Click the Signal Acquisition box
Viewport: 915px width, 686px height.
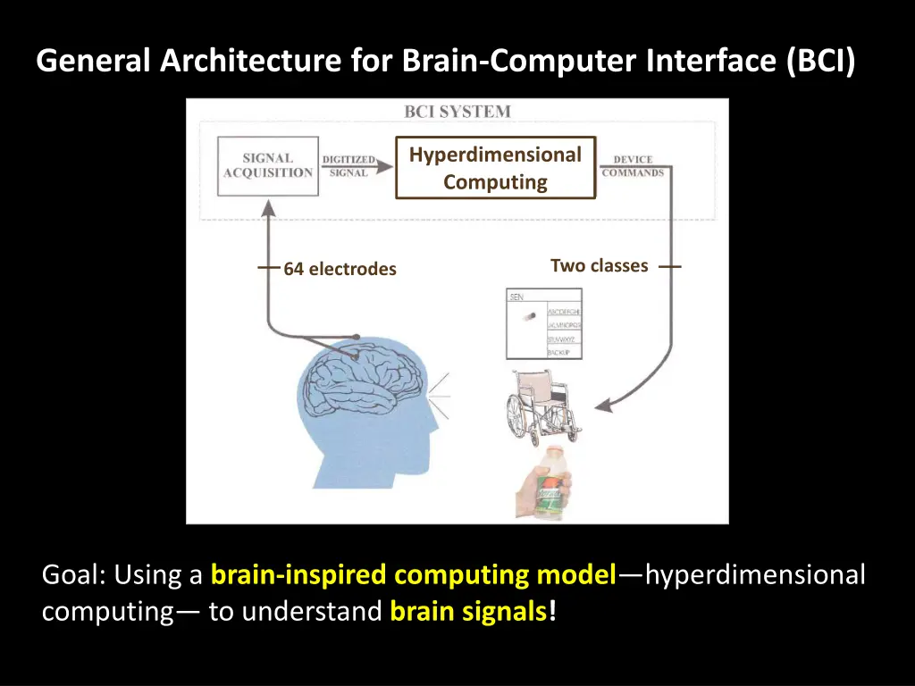pyautogui.click(x=268, y=166)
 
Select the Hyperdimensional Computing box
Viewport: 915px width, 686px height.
pyautogui.click(x=495, y=168)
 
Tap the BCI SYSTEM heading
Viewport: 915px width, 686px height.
pyautogui.click(x=457, y=113)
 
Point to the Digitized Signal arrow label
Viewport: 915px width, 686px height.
pyautogui.click(x=348, y=166)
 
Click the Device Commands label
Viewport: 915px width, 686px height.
pyautogui.click(x=633, y=166)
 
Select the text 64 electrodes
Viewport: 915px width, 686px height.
pyautogui.click(x=340, y=269)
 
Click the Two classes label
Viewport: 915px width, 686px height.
pyautogui.click(x=599, y=265)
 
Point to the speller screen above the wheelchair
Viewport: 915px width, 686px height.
pyautogui.click(x=543, y=323)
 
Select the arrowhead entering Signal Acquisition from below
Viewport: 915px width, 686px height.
pyautogui.click(x=267, y=207)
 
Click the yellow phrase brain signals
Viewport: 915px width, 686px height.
pyautogui.click(x=469, y=613)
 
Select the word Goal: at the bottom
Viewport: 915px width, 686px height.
pyautogui.click(x=74, y=575)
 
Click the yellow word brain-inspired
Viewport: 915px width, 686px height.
pyautogui.click(x=299, y=575)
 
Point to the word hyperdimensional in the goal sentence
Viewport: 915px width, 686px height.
pyautogui.click(x=755, y=575)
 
